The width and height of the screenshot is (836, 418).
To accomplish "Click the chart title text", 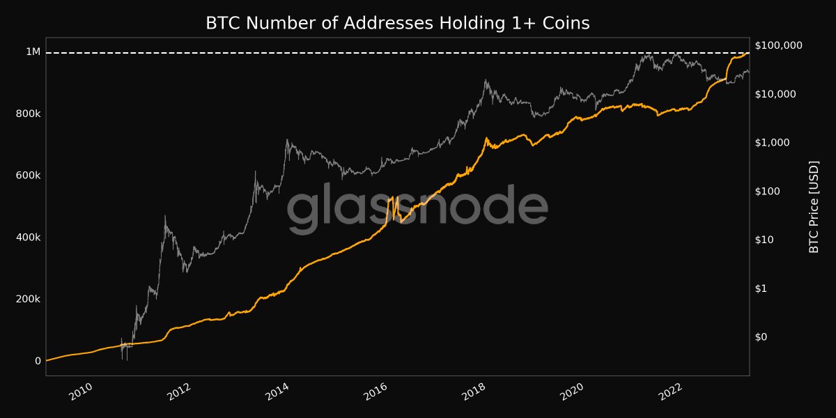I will [x=398, y=23].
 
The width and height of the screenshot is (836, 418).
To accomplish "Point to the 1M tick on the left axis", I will [x=33, y=52].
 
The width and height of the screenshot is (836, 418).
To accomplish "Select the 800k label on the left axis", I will [x=28, y=114].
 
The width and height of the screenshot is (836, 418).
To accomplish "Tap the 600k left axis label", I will [x=28, y=176].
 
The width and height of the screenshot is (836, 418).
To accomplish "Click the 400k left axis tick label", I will [x=28, y=238].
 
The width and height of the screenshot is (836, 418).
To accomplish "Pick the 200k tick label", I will [x=28, y=299].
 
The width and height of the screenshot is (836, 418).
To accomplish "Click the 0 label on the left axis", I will [x=38, y=361].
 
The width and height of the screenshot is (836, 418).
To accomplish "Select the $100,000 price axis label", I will [x=779, y=45].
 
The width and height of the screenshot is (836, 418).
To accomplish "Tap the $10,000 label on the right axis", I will [x=776, y=94].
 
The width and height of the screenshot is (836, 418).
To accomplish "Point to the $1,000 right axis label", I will [x=773, y=143].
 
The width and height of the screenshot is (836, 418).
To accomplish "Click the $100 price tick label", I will [x=770, y=192].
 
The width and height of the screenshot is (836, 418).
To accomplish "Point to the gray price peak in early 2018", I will [x=486, y=81].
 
